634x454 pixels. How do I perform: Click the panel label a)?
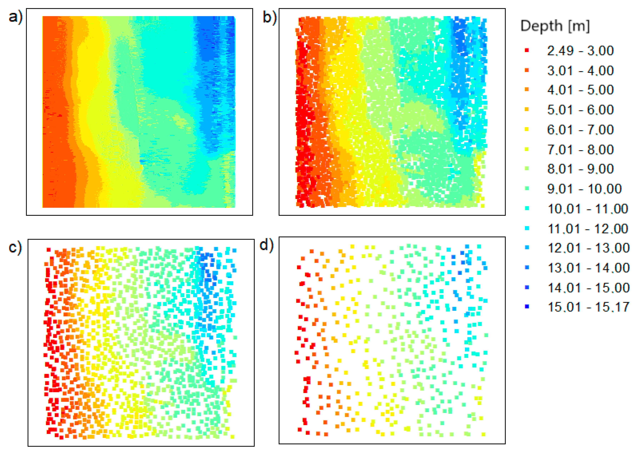pyautogui.click(x=15, y=17)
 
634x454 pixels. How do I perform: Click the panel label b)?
pyautogui.click(x=269, y=17)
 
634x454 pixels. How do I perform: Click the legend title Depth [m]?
pyautogui.click(x=555, y=26)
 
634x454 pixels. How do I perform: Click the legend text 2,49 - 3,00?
pyautogui.click(x=580, y=50)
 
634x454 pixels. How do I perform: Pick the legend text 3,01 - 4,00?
pyautogui.click(x=580, y=70)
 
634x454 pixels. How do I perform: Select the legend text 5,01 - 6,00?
pyautogui.click(x=580, y=110)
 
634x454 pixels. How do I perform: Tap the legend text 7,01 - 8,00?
pyautogui.click(x=580, y=149)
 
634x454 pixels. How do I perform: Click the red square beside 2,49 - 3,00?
pyautogui.click(x=527, y=50)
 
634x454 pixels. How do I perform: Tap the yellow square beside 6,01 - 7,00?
pyautogui.click(x=527, y=129)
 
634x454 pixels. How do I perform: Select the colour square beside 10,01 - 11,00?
pyautogui.click(x=527, y=208)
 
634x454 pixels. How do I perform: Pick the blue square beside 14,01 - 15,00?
pyautogui.click(x=527, y=287)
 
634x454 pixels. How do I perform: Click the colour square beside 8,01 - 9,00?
pyautogui.click(x=527, y=169)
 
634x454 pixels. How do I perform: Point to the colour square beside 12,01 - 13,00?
pyautogui.click(x=527, y=248)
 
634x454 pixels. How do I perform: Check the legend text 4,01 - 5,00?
pyautogui.click(x=580, y=90)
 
